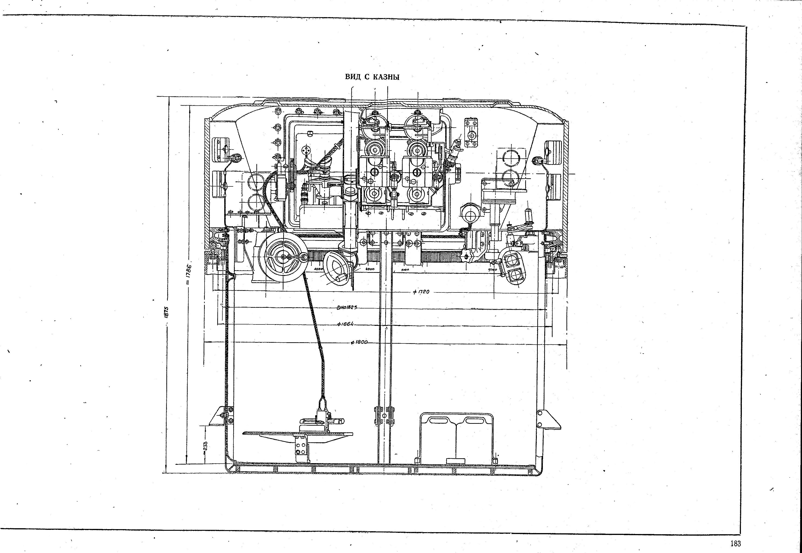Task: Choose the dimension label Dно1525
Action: [346, 307]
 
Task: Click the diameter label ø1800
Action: [359, 342]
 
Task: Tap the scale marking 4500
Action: [318, 269]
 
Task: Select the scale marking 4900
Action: [370, 269]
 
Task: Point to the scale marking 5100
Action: [405, 269]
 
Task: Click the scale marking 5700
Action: [492, 269]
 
